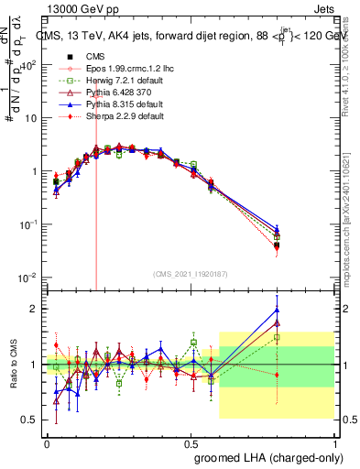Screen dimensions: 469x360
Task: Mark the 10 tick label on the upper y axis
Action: point(31,118)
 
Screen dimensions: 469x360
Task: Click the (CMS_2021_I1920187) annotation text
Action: point(190,274)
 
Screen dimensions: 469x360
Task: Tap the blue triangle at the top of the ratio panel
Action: point(277,309)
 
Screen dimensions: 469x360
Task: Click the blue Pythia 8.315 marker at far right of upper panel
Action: point(277,227)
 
